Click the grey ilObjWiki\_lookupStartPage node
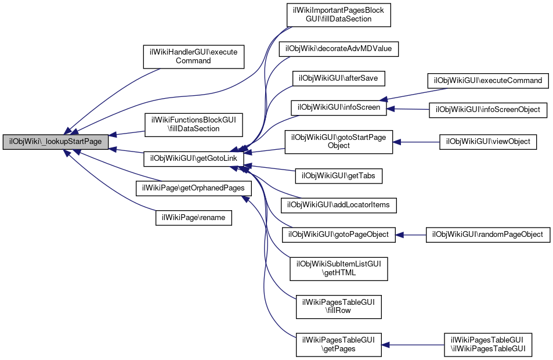click(55, 142)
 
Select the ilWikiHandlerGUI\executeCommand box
click(194, 56)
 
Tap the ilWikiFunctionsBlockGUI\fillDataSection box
click(194, 125)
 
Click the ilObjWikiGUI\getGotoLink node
click(194, 159)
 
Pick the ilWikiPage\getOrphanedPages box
click(194, 188)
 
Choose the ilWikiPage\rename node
click(194, 218)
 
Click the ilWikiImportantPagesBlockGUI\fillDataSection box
click(338, 15)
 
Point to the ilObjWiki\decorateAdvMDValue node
click(338, 49)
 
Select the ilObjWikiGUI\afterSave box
click(338, 78)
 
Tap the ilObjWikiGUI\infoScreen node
click(338, 107)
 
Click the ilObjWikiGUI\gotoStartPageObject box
click(338, 142)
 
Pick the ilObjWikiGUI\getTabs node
click(338, 176)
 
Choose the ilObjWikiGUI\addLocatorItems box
click(338, 205)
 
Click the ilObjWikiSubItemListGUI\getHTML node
click(338, 269)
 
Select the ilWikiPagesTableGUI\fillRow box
click(338, 307)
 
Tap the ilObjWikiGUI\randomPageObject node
click(488, 235)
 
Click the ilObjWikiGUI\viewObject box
click(488, 142)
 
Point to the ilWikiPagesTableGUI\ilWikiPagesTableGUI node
click(488, 345)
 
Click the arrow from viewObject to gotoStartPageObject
click(416, 142)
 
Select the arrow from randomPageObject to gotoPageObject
click(410, 235)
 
